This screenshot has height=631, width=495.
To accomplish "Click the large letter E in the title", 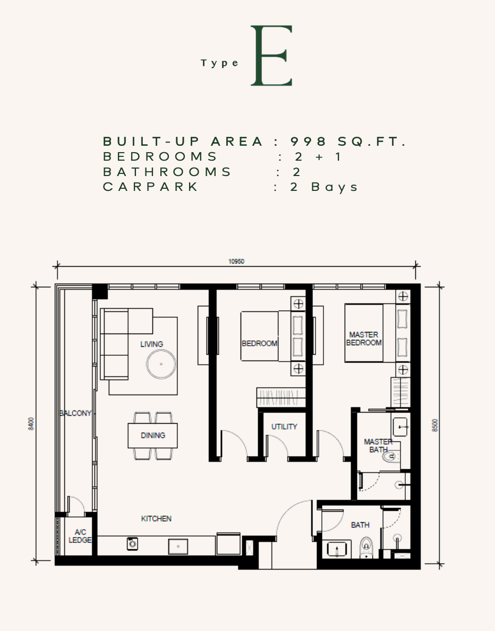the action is click(271, 56).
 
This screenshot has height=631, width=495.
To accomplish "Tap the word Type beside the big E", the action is click(220, 63).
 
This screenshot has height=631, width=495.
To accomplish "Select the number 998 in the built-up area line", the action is click(309, 141).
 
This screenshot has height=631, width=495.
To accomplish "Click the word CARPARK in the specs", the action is click(150, 187).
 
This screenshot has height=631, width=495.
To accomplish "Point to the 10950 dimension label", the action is click(236, 261).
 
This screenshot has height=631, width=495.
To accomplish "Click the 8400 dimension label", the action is click(31, 424).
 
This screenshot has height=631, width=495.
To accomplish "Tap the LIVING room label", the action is click(151, 344).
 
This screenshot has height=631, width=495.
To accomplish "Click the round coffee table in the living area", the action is click(161, 364).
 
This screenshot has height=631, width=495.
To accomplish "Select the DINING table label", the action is click(153, 435).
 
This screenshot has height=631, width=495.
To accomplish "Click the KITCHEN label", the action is click(156, 519).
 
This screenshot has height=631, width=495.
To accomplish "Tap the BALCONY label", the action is click(75, 413).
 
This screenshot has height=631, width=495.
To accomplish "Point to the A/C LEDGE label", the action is click(80, 536).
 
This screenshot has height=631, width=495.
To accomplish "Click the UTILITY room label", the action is click(284, 426).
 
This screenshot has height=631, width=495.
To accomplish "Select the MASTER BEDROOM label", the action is click(364, 338).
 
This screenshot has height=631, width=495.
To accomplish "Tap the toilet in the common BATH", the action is click(366, 548).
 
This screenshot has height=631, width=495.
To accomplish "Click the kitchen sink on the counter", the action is click(178, 547).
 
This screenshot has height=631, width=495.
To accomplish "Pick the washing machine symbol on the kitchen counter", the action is click(132, 544).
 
